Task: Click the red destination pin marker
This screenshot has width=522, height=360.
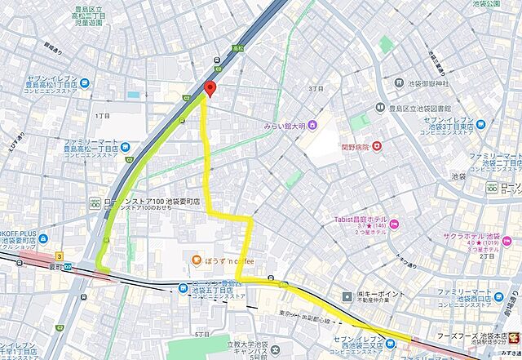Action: [x=210, y=90]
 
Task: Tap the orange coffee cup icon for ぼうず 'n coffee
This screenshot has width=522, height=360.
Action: [x=196, y=260]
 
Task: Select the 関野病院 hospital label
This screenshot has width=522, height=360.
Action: [x=355, y=148]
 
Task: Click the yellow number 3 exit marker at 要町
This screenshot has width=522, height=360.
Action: [x=60, y=256]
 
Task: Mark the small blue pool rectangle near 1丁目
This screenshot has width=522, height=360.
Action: [x=133, y=96]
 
